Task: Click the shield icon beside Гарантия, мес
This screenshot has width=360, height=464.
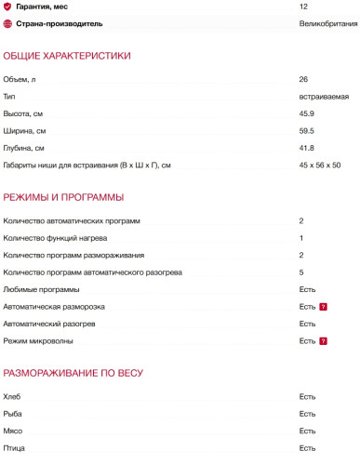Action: [7, 7]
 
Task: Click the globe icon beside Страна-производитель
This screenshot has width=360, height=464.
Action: [7, 23]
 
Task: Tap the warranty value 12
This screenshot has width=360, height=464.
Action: [304, 7]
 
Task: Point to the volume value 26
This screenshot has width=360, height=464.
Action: [304, 79]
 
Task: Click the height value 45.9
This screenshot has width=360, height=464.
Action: [306, 113]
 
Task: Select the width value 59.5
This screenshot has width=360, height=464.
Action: [306, 131]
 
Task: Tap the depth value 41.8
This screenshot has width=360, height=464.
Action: [306, 148]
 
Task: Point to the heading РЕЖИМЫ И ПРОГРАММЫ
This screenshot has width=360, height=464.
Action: [63, 198]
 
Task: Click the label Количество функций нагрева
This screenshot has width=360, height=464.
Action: [55, 238]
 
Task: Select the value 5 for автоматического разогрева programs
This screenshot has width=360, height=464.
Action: [301, 272]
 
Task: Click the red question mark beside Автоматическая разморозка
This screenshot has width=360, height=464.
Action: [323, 307]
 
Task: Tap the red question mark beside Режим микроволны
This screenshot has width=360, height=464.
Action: [323, 341]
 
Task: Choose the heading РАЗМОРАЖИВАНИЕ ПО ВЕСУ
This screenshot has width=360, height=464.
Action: [73, 374]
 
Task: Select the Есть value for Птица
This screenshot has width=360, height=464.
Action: [308, 447]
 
